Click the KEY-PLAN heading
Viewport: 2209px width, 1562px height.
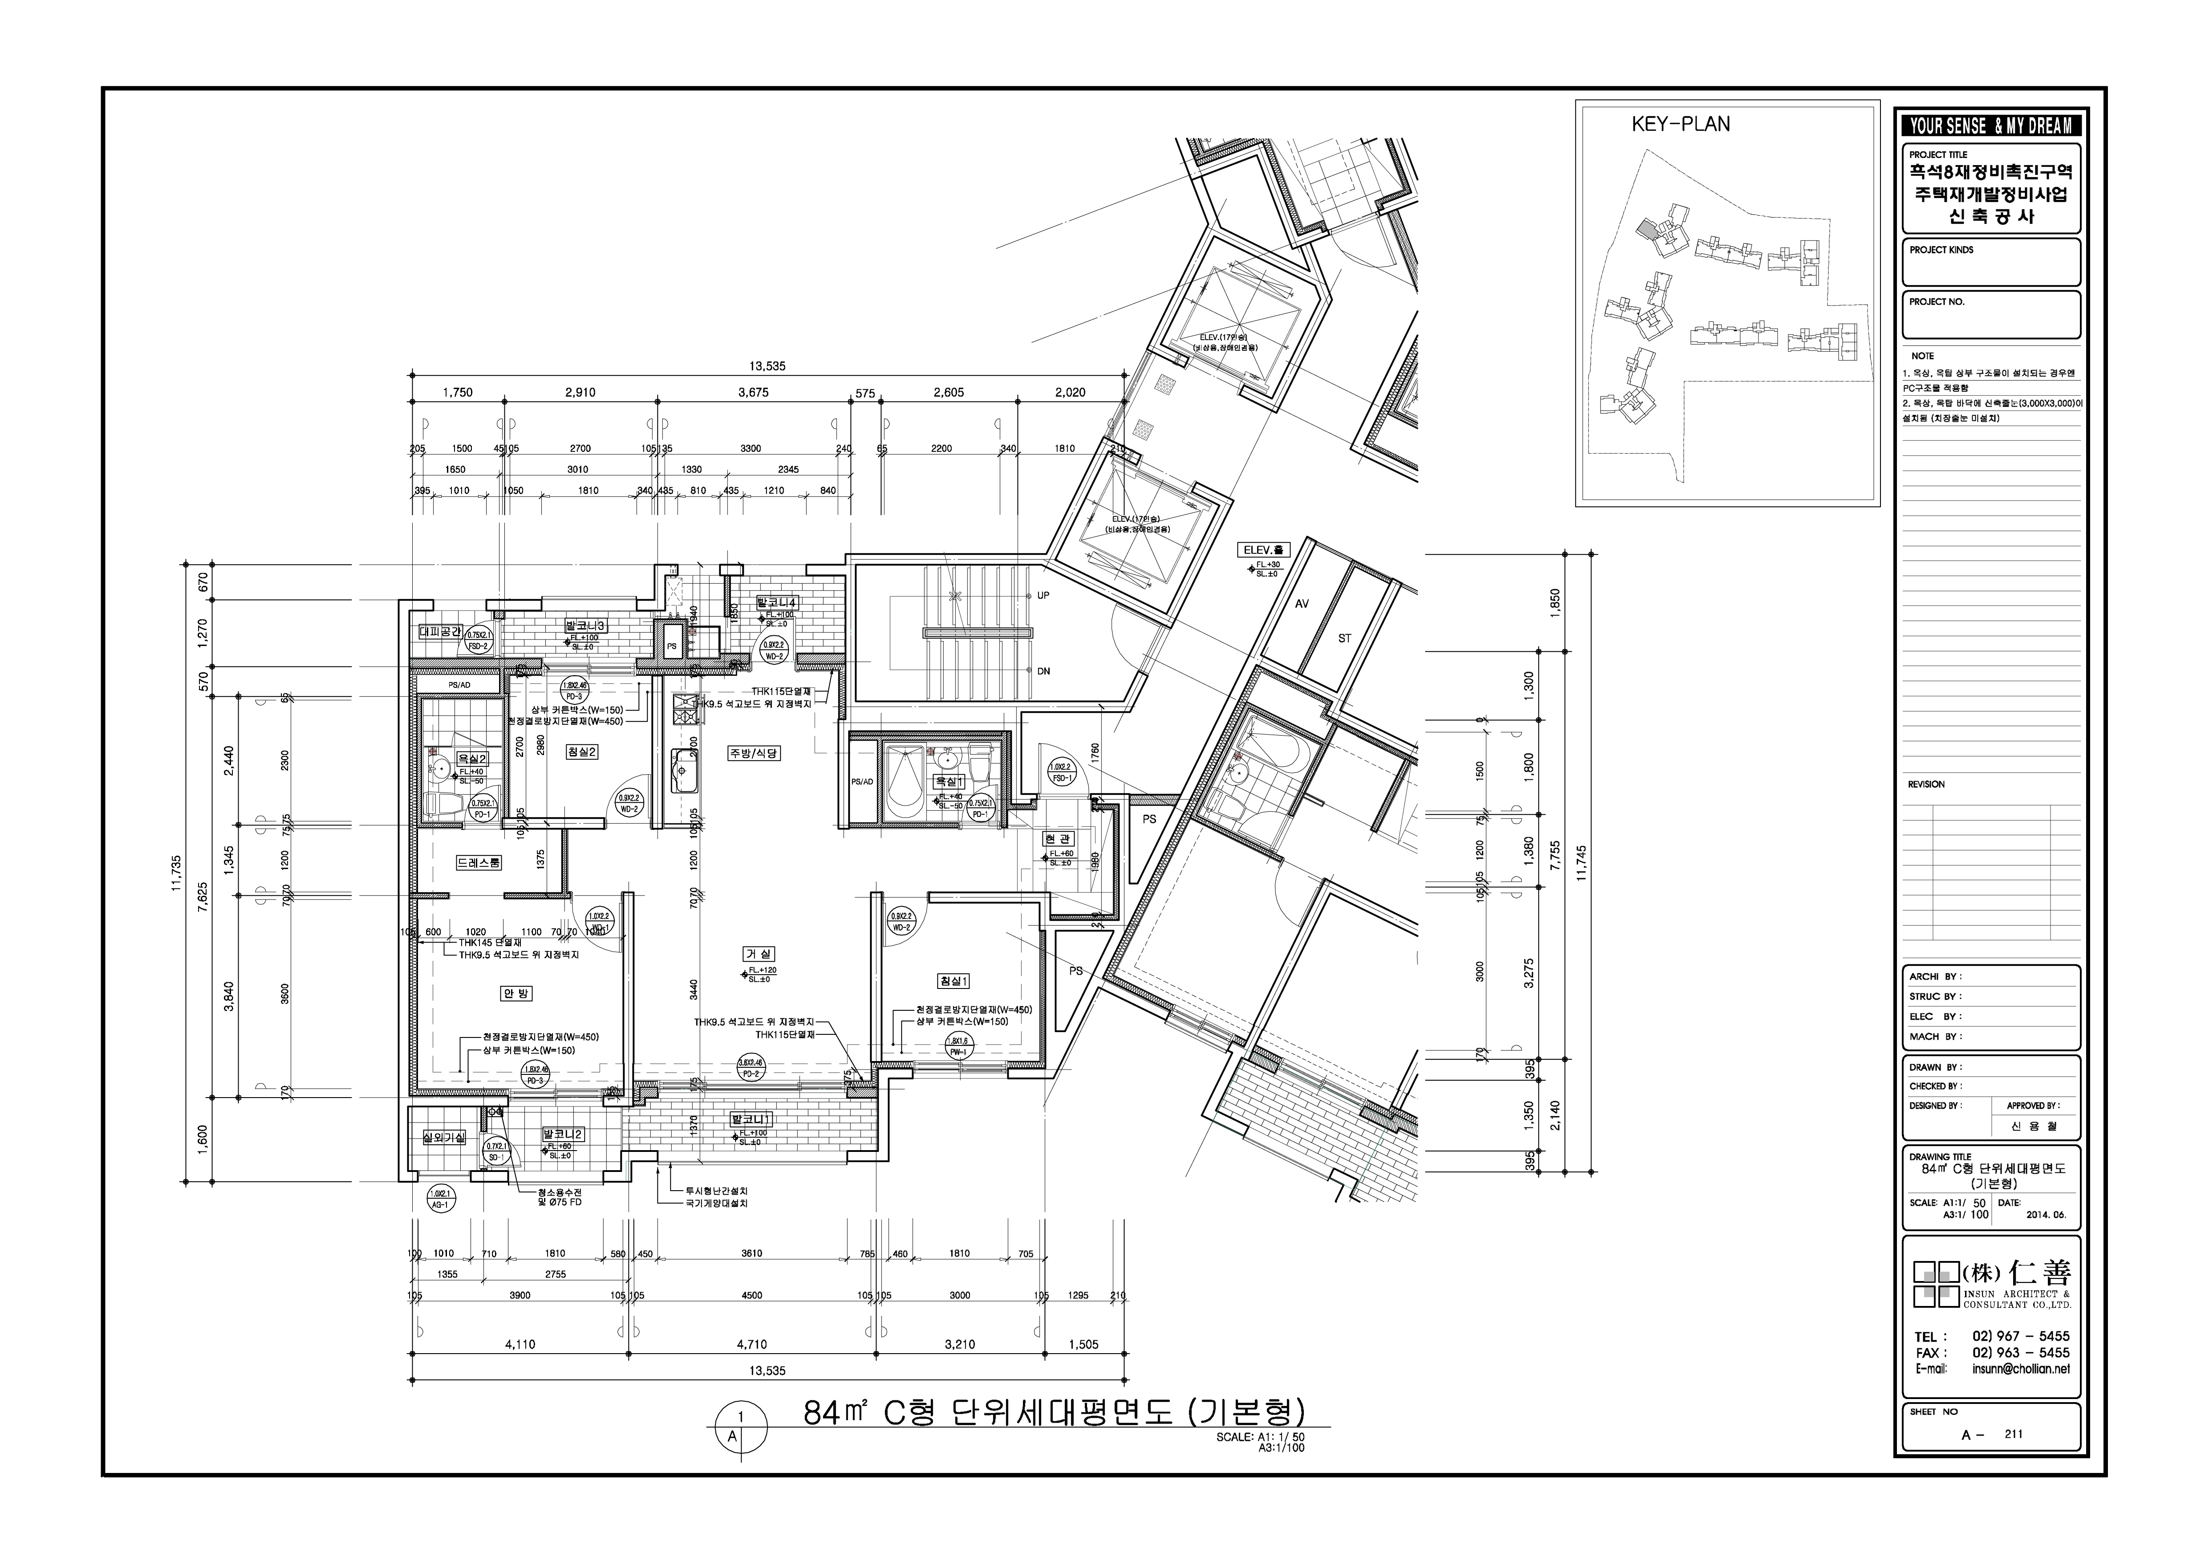click(1680, 124)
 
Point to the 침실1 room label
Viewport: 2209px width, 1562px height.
click(954, 980)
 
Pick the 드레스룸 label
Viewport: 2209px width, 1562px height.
click(478, 863)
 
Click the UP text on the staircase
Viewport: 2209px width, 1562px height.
click(1043, 596)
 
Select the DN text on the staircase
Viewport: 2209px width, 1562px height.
click(1043, 671)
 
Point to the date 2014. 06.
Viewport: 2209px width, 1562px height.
click(2046, 1215)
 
